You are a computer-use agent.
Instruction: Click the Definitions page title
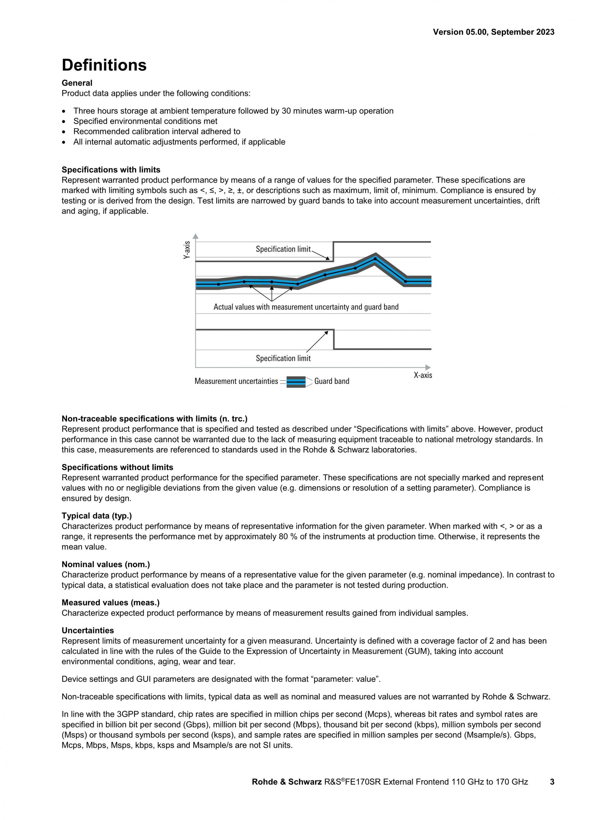tap(104, 65)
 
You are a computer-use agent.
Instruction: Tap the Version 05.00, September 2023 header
tap(493, 32)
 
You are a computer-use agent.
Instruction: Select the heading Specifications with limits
tap(111, 170)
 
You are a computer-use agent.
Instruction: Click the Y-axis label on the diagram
tap(187, 250)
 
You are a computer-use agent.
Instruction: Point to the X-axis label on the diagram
tap(423, 375)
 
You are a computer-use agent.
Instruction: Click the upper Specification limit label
tap(283, 249)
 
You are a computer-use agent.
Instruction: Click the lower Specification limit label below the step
tap(283, 359)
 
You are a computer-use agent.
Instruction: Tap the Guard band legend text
tap(331, 381)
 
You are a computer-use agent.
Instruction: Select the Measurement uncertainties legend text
tap(236, 381)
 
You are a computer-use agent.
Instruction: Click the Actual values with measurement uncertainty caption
tap(306, 307)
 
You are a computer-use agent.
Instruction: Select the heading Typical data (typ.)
tap(97, 516)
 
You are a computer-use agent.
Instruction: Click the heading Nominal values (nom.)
tap(106, 564)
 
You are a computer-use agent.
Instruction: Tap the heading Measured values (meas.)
tap(111, 602)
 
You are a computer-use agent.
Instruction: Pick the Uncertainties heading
tap(88, 631)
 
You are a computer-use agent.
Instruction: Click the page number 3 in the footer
tap(552, 782)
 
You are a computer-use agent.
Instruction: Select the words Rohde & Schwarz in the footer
tap(287, 782)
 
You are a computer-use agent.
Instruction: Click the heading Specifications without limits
tap(117, 467)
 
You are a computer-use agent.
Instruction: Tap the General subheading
tap(77, 83)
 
